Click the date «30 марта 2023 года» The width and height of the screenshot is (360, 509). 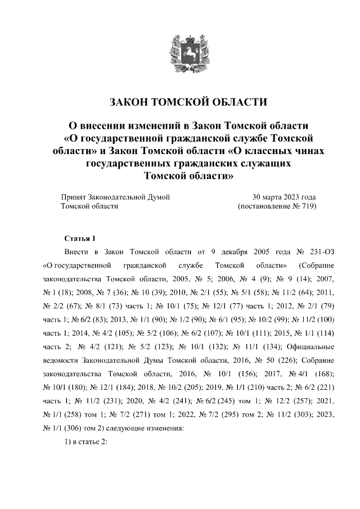284,197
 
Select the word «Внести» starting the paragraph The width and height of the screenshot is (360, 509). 76,251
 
